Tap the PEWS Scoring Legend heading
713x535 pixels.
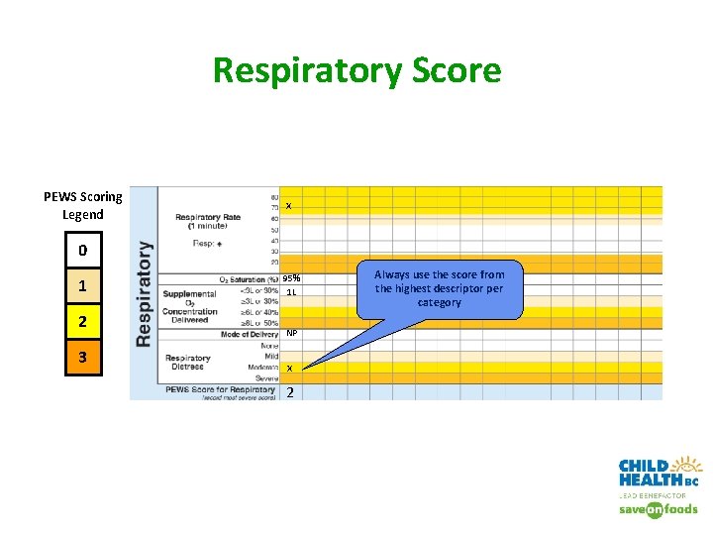(83, 205)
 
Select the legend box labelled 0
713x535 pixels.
(83, 251)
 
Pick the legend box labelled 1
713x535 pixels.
(83, 287)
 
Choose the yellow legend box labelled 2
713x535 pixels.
(83, 322)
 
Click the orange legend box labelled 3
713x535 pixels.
(83, 357)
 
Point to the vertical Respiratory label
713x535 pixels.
(145, 293)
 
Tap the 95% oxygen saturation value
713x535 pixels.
(291, 278)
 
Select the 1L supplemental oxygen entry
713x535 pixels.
(291, 292)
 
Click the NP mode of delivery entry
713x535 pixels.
(291, 334)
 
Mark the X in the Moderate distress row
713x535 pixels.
(289, 369)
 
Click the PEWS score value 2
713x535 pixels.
(289, 392)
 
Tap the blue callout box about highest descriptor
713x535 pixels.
(439, 288)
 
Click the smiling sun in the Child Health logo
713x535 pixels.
(687, 467)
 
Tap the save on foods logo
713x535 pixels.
(659, 509)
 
